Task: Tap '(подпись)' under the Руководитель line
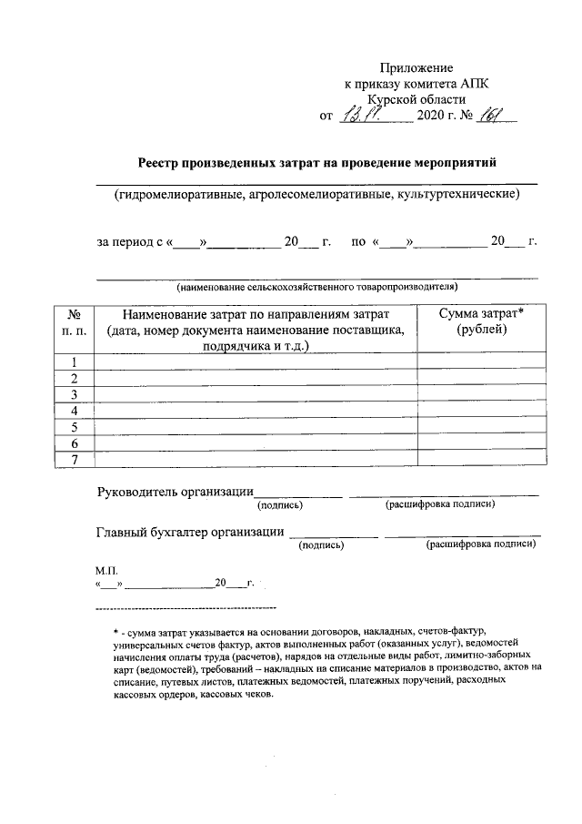click(281, 505)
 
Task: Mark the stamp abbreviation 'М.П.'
click(106, 569)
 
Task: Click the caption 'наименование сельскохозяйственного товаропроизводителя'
click(317, 287)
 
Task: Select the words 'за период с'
click(129, 243)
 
